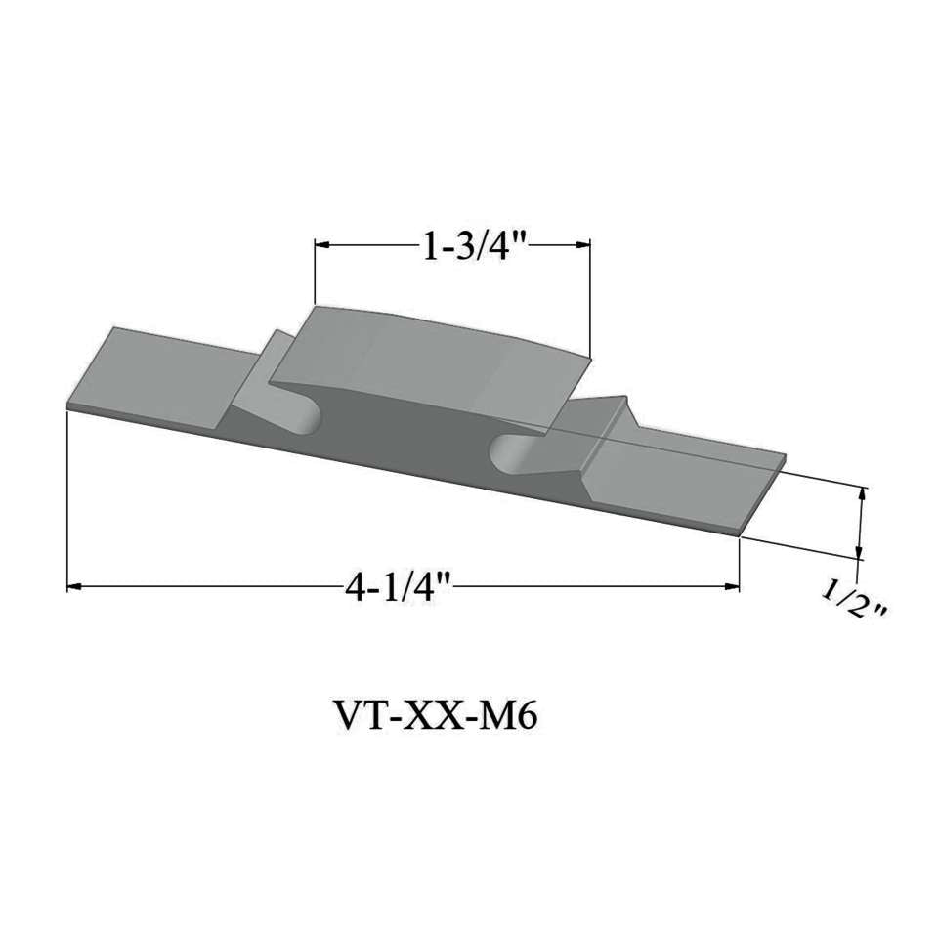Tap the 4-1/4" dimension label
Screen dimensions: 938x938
tap(400, 586)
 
